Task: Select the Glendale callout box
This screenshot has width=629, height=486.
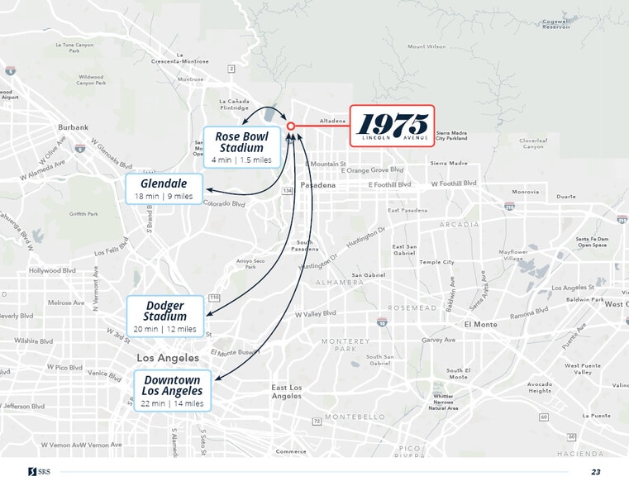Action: click(164, 188)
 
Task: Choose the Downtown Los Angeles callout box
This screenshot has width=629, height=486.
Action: click(172, 391)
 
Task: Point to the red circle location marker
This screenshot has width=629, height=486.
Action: click(291, 126)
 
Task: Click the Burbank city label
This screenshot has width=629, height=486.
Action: click(73, 127)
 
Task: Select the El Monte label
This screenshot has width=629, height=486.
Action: click(480, 325)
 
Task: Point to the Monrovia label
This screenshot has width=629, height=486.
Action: click(525, 192)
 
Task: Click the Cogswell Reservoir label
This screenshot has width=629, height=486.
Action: click(555, 23)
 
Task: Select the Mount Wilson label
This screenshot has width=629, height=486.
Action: click(426, 47)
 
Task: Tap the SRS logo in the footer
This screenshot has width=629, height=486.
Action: click(39, 472)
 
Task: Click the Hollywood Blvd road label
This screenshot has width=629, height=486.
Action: click(52, 270)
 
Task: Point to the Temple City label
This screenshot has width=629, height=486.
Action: click(436, 262)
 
